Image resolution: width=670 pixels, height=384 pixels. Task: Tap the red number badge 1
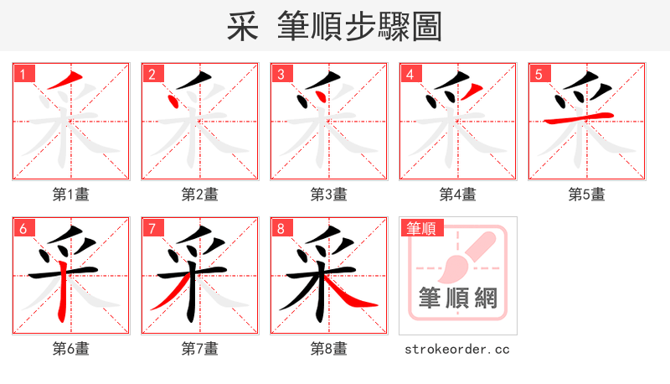pos(23,74)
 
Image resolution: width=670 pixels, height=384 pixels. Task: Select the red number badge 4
pos(410,74)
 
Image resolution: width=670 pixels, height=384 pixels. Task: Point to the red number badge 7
pos(152,228)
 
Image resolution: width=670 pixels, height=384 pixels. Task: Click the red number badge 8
pos(281,228)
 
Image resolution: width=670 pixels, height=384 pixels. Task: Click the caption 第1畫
pos(71,195)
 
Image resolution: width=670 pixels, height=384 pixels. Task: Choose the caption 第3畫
pos(329,195)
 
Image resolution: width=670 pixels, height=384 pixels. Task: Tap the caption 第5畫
pos(587,195)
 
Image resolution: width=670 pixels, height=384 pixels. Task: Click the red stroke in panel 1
pos(65,81)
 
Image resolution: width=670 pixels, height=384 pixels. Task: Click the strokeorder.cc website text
pos(457,349)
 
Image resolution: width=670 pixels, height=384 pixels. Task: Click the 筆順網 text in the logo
pos(457,298)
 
